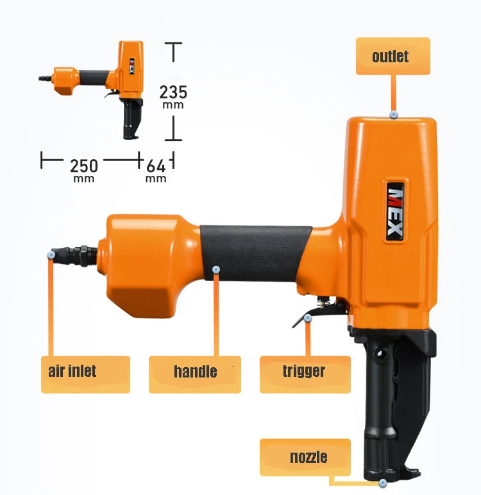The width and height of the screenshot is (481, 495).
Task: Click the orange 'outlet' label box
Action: (392, 56)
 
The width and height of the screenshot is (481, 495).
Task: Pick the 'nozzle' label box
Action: (305, 457)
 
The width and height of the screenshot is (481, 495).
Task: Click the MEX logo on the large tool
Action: (395, 209)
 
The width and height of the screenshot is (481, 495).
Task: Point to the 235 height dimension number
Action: (173, 92)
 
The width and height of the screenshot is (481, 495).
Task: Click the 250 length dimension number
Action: (84, 166)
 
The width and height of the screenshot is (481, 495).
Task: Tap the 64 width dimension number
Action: (156, 166)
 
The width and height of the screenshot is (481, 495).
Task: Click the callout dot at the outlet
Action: (394, 114)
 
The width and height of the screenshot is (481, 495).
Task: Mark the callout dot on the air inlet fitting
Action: (51, 255)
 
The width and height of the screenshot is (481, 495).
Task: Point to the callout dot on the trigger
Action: (308, 317)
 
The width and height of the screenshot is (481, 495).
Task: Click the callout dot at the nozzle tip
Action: (383, 482)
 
